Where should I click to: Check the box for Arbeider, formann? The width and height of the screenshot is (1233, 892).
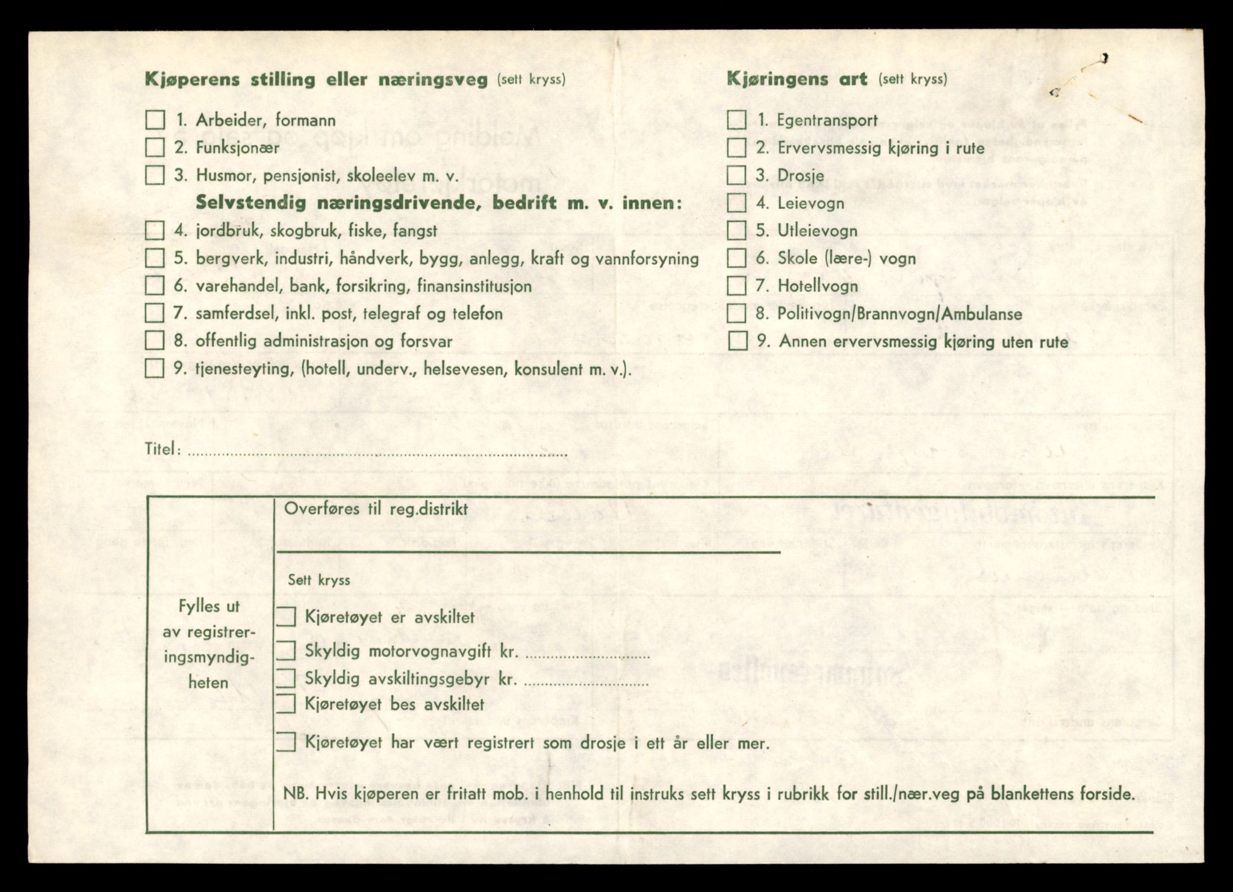(155, 120)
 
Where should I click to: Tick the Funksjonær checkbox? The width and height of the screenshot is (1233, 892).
(155, 147)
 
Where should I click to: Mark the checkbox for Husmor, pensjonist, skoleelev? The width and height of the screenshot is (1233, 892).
(155, 175)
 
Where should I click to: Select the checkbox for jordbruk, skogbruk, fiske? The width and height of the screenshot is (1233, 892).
(155, 231)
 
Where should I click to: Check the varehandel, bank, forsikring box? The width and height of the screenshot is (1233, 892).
(155, 285)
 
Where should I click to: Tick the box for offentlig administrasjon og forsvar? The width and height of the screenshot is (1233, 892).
(155, 341)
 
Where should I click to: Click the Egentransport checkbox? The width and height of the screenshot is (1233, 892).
(736, 120)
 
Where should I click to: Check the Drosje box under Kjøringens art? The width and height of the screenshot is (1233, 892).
(736, 175)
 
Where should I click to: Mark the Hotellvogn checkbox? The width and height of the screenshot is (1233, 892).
(736, 286)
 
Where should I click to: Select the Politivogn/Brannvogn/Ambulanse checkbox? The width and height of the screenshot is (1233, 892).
(736, 314)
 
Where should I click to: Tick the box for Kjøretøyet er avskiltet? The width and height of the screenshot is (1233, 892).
(286, 617)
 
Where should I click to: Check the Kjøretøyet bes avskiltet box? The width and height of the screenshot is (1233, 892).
(286, 704)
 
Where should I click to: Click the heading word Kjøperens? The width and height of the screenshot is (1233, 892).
(192, 79)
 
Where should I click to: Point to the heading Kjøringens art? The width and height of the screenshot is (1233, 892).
(797, 79)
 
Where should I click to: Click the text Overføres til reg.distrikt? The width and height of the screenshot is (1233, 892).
(376, 509)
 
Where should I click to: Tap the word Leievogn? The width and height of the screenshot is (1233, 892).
(810, 203)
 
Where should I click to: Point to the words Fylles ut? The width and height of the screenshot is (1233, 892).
(209, 607)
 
